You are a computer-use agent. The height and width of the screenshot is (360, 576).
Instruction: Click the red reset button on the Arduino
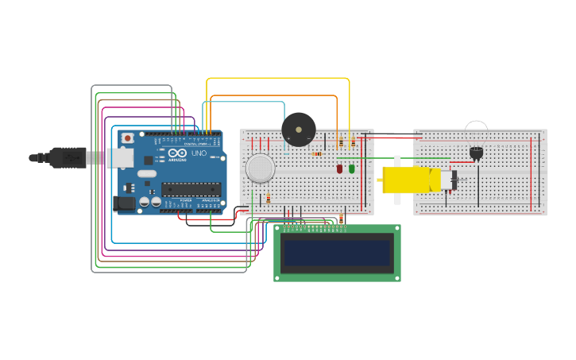(x=127, y=138)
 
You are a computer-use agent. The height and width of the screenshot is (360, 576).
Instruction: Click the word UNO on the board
(x=199, y=153)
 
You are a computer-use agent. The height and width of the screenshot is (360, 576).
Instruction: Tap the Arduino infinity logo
(x=176, y=153)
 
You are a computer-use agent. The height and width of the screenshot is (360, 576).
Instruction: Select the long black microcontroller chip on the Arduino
(x=191, y=189)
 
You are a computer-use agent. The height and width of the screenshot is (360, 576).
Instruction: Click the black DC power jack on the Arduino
(x=124, y=203)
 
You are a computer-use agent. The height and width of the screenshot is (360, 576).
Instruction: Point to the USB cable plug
(x=68, y=157)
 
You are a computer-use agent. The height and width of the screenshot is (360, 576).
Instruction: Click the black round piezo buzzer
(x=299, y=129)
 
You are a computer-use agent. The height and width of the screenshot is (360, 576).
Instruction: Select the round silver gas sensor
(x=260, y=168)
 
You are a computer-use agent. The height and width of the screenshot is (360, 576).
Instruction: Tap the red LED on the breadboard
(x=340, y=168)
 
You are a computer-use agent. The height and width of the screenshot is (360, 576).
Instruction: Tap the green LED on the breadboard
(x=352, y=168)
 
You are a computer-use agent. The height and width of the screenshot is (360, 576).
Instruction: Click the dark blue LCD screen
(x=338, y=254)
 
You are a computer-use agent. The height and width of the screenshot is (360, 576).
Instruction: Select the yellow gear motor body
(x=410, y=180)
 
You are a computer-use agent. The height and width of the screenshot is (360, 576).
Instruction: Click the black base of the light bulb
(x=476, y=153)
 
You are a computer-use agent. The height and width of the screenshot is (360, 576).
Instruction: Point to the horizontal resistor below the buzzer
(x=317, y=153)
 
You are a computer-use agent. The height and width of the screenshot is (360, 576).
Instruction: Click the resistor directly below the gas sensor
(x=268, y=198)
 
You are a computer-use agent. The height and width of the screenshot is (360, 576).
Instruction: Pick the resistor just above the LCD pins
(x=342, y=219)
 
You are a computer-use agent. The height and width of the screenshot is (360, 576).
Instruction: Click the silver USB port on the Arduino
(x=120, y=158)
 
